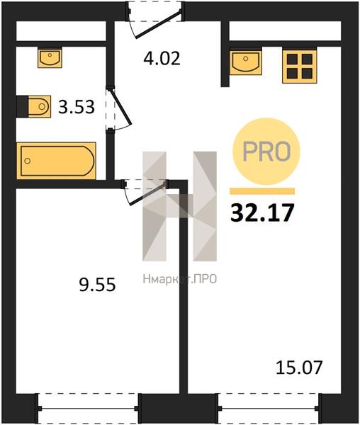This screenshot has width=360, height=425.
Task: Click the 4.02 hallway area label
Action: tap(162, 58)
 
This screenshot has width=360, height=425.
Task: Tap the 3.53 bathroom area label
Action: tap(77, 107)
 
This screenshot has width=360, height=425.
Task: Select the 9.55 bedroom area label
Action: tap(97, 285)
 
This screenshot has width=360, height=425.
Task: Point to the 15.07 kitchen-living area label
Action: tap(299, 368)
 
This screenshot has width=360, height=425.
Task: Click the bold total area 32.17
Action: tap(262, 212)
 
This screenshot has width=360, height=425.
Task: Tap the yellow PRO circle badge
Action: tap(266, 152)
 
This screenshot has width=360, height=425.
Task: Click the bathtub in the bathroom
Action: tap(57, 161)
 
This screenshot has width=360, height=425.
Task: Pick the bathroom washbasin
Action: tap(50, 58)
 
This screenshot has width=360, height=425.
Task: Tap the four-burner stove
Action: tap(300, 66)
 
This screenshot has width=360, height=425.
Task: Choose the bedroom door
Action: tap(145, 192)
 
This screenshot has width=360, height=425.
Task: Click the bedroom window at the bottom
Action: tap(88, 408)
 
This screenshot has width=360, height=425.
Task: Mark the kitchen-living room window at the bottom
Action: tap(270, 408)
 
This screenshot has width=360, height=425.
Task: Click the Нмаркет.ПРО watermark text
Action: tap(180, 279)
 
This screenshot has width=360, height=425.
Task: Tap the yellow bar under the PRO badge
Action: tap(262, 191)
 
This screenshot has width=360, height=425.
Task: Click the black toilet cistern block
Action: tap(22, 106)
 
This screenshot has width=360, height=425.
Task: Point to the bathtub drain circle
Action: tap(27, 161)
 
